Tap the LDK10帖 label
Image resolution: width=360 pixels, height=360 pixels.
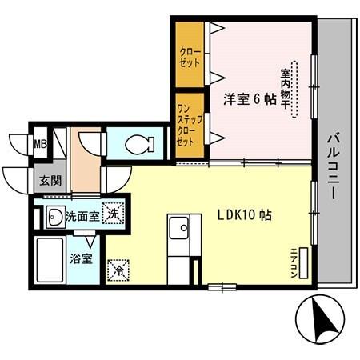pyautogui.click(x=244, y=216)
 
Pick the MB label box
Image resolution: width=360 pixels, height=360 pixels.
pyautogui.click(x=39, y=145)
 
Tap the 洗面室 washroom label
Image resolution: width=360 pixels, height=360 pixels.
pyautogui.click(x=82, y=215)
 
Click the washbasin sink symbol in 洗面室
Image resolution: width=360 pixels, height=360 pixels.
pyautogui.click(x=55, y=216)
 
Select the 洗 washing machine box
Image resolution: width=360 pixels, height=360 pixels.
pyautogui.click(x=114, y=214)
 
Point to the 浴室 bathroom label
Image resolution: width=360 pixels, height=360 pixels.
pyautogui.click(x=81, y=258)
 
